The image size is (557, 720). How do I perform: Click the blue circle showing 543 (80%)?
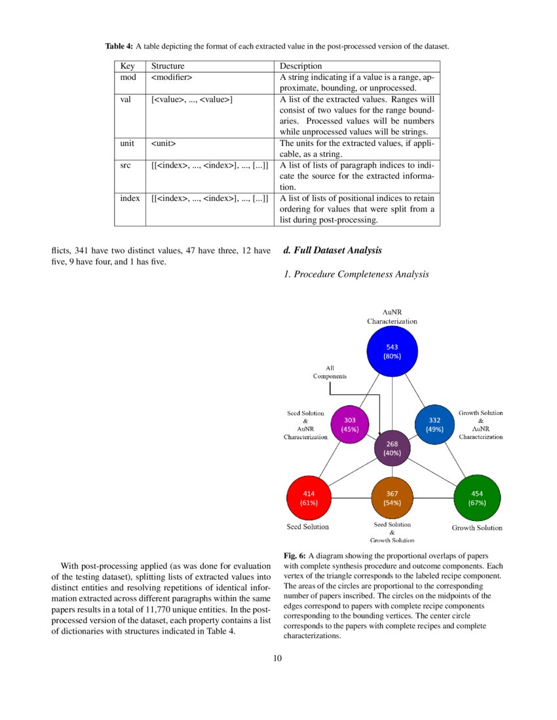coord(392,351)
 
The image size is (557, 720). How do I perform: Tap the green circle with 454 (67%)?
coord(477,499)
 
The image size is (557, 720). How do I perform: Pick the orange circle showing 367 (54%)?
coord(392,499)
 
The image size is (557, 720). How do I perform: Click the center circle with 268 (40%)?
coord(392,448)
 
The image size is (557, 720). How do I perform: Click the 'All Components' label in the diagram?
coord(330,372)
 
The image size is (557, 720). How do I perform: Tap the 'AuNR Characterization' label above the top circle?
coord(392,317)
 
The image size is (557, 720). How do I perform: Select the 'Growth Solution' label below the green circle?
coord(477,528)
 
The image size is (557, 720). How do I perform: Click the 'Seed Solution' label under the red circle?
coord(308,526)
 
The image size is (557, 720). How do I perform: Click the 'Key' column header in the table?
coord(127,66)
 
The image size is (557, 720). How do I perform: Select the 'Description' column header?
coord(301,66)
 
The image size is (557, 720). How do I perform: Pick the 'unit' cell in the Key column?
coord(127,143)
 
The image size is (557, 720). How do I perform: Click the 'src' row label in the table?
coord(126,166)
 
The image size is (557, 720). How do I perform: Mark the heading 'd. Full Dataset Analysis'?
coord(332,251)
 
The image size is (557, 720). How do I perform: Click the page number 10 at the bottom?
coord(278,658)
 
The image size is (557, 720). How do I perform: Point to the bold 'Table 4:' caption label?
coord(119,46)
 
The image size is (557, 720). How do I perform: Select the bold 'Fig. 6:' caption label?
coord(294,555)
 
